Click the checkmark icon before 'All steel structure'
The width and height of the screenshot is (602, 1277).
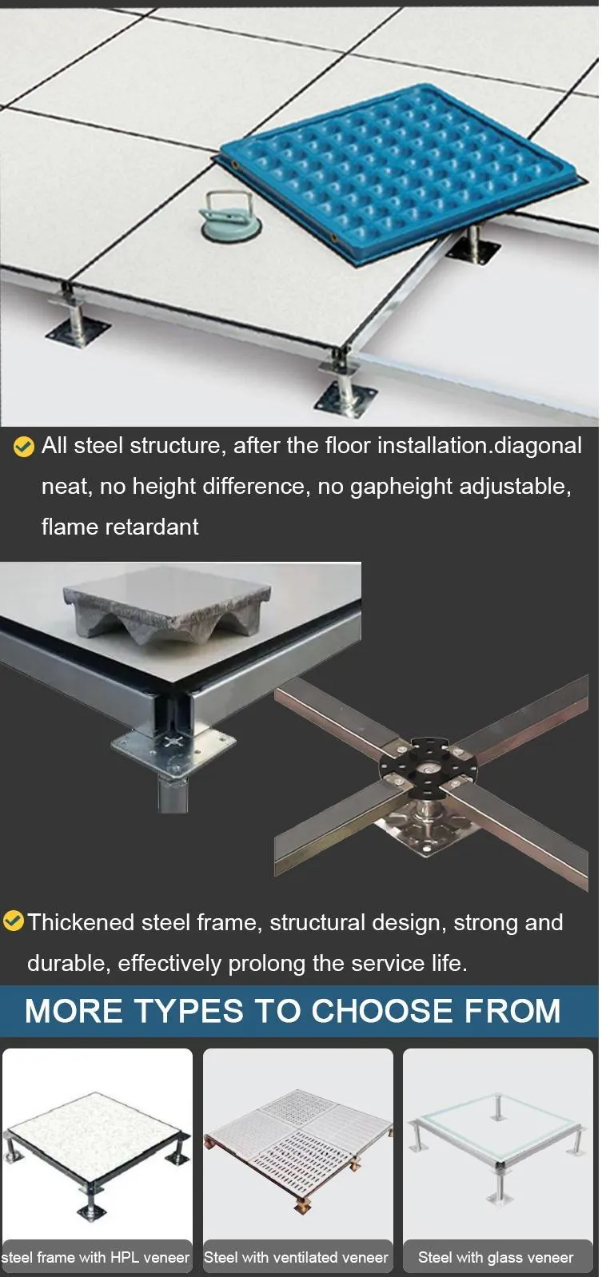(x=24, y=447)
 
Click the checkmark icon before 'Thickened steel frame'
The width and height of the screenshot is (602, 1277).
(x=13, y=921)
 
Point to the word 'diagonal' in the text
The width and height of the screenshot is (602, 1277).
(x=538, y=445)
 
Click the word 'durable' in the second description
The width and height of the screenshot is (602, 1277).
(x=67, y=963)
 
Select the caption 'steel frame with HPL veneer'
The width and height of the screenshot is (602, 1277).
(x=96, y=1257)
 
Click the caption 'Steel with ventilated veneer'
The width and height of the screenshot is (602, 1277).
(x=297, y=1257)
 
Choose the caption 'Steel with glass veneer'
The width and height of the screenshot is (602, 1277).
(x=496, y=1257)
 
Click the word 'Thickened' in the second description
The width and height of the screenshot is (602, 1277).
(x=81, y=922)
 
